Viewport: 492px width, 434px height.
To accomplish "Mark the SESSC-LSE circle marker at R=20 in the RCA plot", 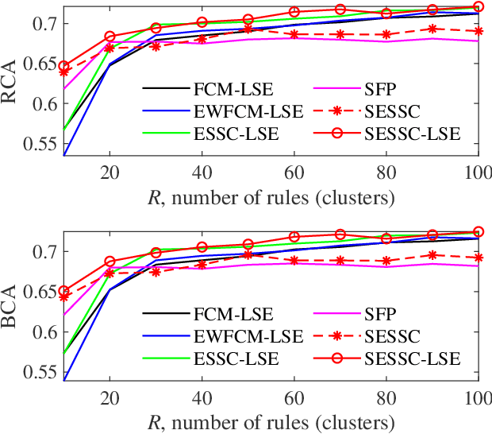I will coord(110,37).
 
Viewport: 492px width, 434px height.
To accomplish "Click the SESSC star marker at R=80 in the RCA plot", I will coord(386,34).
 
